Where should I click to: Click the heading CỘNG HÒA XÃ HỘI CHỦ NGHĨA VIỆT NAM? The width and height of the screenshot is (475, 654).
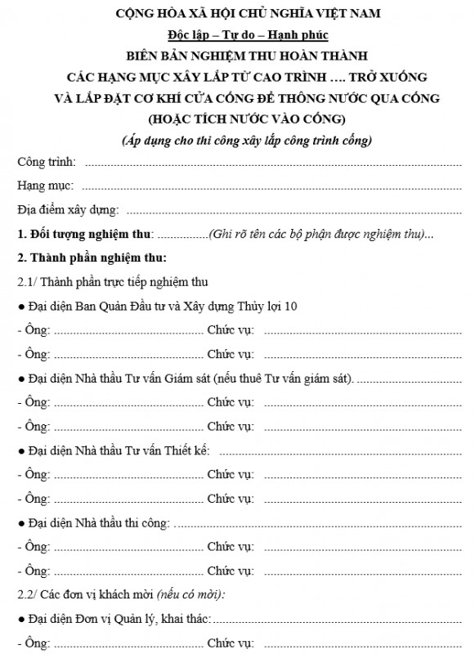tap(237, 14)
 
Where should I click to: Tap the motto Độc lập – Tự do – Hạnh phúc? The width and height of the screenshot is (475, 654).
tap(237, 36)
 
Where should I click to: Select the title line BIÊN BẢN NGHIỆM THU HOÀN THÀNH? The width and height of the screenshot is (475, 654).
tap(238, 56)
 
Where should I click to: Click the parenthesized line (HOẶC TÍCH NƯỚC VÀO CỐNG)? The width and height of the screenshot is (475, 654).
tap(237, 119)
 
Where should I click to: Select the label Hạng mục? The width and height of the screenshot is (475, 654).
tap(46, 186)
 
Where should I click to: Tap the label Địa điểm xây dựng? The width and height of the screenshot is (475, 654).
tap(69, 210)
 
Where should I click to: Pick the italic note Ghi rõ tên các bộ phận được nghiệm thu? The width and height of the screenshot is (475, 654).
tap(318, 235)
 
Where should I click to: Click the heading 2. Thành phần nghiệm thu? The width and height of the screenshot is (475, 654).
tap(92, 258)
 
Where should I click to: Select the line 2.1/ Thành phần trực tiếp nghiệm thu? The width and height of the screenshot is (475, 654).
tap(112, 283)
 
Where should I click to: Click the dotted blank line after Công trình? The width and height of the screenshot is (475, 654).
tap(270, 162)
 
